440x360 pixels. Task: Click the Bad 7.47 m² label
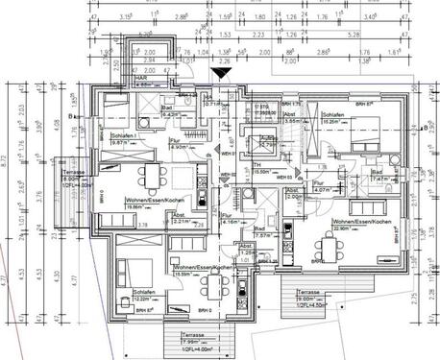tap(378, 175)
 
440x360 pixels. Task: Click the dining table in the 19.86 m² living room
tap(151, 174)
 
